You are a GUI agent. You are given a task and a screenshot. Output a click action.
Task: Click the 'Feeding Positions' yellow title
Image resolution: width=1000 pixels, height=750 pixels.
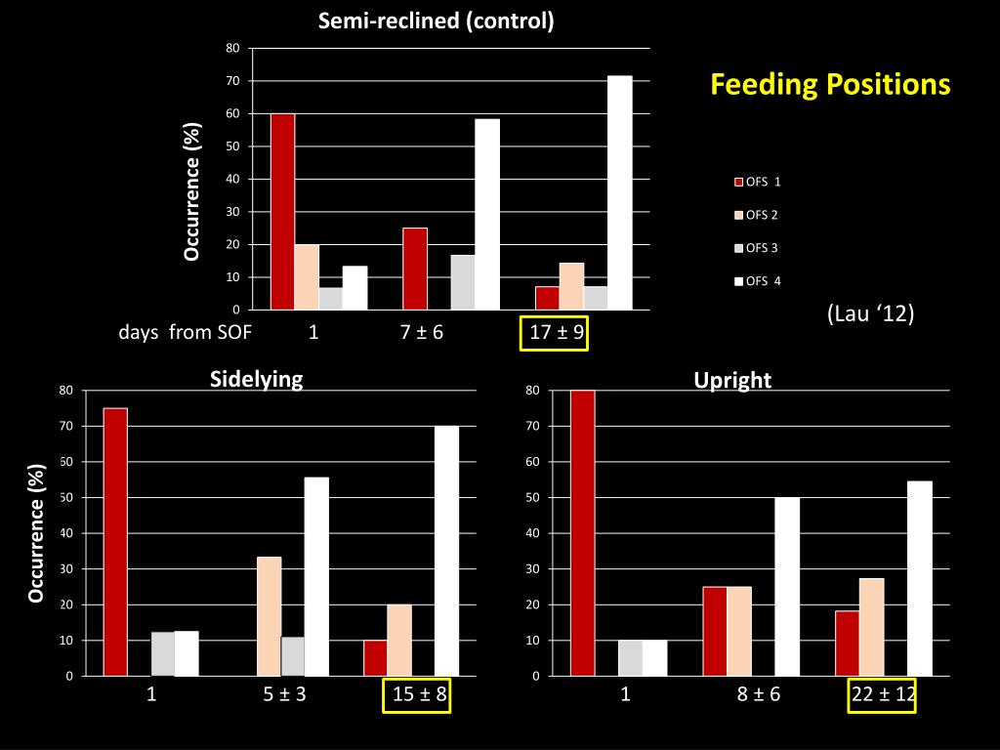830,85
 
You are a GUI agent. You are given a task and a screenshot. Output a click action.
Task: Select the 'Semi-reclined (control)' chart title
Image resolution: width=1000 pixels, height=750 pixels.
436,21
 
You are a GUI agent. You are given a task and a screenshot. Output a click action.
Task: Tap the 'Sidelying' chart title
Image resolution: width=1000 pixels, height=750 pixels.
257,379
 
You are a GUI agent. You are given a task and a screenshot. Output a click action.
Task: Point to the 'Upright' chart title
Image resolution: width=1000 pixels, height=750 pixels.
732,380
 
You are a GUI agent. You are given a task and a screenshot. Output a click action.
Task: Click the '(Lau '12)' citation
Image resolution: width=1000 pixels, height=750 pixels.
870,314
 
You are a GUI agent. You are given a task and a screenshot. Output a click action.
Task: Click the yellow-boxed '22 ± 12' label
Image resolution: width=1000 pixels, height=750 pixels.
882,696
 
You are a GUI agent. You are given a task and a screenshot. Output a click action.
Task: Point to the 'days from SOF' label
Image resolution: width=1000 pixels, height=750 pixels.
186,333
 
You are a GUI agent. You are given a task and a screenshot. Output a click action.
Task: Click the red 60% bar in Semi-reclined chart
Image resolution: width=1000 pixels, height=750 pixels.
282,212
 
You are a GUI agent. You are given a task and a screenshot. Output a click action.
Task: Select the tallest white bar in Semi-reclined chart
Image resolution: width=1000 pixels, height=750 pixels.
619,192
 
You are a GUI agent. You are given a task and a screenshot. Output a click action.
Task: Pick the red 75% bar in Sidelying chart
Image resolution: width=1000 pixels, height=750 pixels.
115,542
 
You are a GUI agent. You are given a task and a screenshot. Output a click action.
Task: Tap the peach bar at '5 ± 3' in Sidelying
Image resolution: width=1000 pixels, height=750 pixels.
270,615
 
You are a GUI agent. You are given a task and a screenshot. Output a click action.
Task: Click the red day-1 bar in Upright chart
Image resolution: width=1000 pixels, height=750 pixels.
583,533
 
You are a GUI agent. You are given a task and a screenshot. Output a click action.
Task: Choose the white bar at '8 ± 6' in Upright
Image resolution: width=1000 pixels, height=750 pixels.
787,586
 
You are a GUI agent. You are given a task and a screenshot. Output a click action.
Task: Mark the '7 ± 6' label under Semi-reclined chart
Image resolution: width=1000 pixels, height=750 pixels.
422,333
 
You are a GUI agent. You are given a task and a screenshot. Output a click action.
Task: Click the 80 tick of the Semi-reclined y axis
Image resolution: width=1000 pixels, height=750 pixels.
232,48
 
